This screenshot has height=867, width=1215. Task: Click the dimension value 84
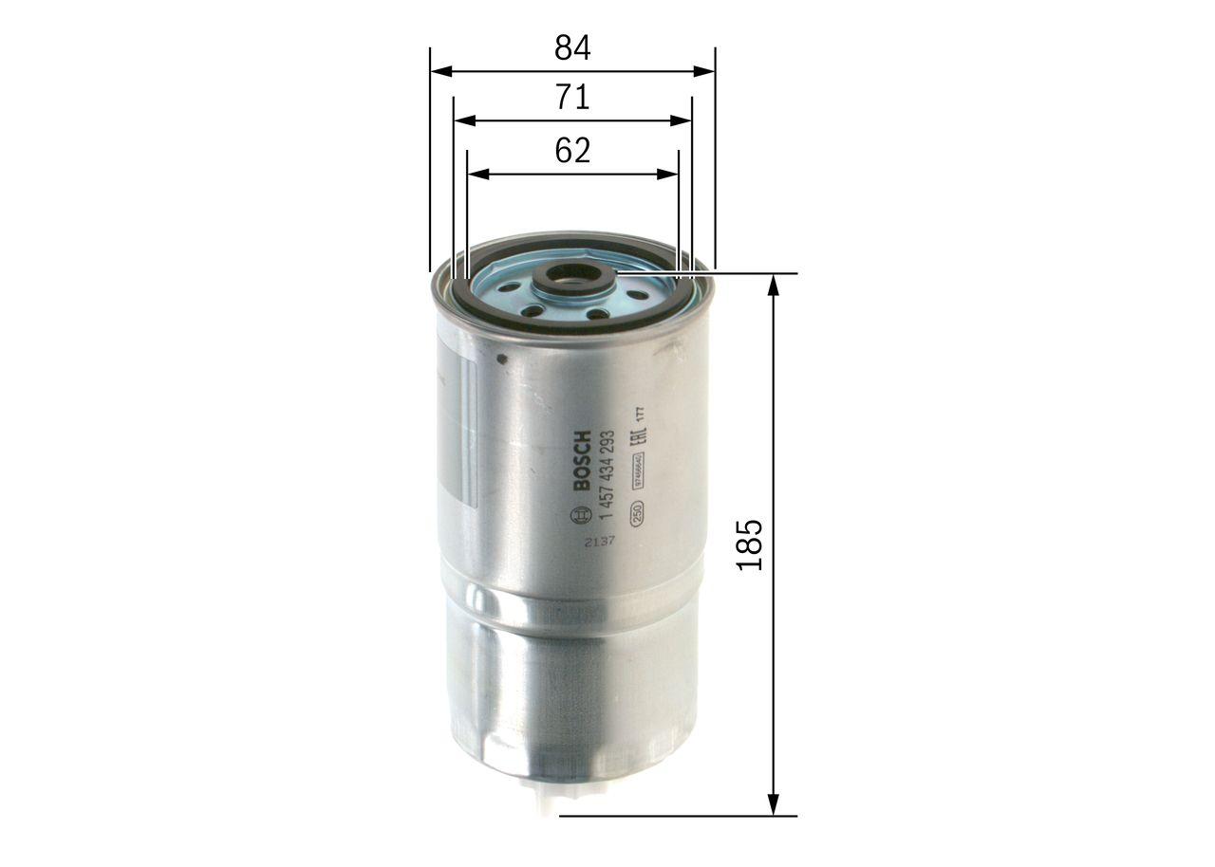click(x=572, y=47)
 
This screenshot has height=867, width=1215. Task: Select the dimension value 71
click(x=572, y=98)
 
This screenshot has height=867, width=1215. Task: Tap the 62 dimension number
click(x=572, y=151)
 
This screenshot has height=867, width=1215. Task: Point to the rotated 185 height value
click(x=750, y=544)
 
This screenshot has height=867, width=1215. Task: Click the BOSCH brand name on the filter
click(x=582, y=461)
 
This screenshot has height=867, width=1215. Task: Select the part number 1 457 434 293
click(x=608, y=472)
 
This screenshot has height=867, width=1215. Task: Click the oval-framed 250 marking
click(x=638, y=511)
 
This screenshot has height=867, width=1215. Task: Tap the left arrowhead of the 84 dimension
click(x=439, y=71)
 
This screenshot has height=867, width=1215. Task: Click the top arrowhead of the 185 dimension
click(x=774, y=284)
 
